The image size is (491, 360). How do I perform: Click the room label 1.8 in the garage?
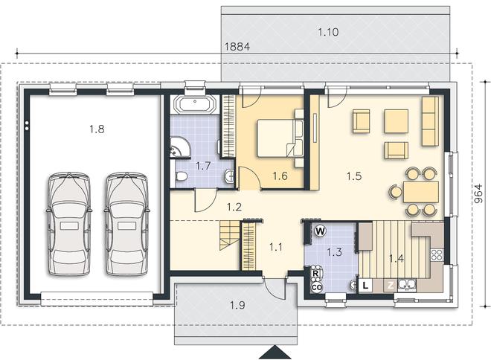point(97,129)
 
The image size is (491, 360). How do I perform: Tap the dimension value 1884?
point(237,47)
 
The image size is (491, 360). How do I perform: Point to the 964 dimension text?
point(479,194)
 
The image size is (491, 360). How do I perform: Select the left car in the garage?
point(69,224)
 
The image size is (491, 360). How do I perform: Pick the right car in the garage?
point(126,224)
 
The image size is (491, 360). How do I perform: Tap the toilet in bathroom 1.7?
point(181,176)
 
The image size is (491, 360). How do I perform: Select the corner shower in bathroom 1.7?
point(180,147)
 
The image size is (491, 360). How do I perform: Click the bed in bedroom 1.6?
point(275,138)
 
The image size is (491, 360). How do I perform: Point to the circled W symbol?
point(320,231)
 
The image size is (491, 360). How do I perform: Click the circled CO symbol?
point(316,287)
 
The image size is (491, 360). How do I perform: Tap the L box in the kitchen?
point(365,285)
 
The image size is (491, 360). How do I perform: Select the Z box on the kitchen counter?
point(391,285)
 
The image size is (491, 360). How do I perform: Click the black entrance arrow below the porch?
point(275,352)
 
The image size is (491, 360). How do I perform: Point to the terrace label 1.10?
point(328,32)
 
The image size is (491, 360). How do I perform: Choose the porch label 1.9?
point(237,305)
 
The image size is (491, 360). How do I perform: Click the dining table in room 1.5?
point(420,192)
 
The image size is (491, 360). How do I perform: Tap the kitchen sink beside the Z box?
point(407,285)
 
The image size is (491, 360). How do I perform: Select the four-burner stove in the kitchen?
point(437,255)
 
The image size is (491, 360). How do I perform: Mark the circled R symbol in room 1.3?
point(316,274)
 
